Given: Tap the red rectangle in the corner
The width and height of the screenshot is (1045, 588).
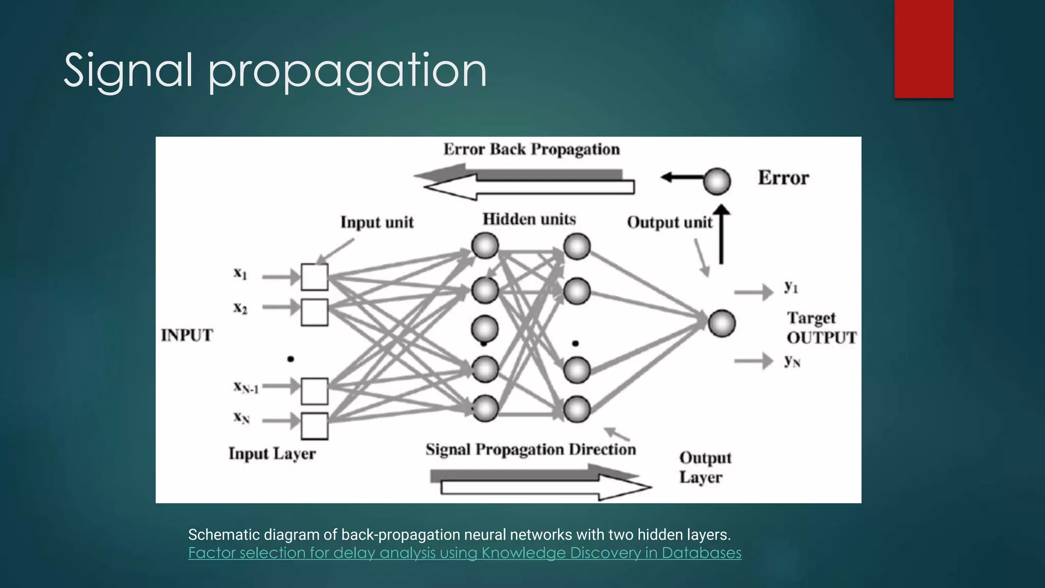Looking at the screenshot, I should [x=924, y=48].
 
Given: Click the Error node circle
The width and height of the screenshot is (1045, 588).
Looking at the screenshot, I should [x=717, y=181].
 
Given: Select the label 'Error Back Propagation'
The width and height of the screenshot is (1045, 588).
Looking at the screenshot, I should [x=531, y=150].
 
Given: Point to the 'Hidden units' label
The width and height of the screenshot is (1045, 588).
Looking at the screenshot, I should [x=529, y=219].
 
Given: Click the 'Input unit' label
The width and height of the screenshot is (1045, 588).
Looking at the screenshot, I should [x=377, y=223].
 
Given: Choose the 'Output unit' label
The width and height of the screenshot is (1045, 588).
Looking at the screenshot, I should [x=669, y=223].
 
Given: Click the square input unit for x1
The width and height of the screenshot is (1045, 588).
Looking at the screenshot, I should [x=314, y=277].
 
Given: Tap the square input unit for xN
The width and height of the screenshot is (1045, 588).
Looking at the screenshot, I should [x=314, y=426].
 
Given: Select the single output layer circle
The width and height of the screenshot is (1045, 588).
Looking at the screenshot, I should [x=721, y=323].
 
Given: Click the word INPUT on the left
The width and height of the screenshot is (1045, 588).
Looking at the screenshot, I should [x=187, y=335].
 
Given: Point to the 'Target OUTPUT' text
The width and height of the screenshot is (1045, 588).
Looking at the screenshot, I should [x=820, y=328].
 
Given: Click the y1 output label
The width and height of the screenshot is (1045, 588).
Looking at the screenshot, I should [x=791, y=287].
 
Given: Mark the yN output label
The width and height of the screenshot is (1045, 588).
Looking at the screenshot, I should [x=792, y=361].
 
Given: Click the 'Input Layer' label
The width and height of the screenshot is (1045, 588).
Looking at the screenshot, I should [x=272, y=454].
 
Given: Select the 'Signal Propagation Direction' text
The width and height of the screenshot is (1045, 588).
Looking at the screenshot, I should [x=531, y=450].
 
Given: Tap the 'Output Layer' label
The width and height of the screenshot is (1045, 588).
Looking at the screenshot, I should [x=705, y=468].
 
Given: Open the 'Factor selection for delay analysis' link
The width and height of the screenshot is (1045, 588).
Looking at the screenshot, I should [x=464, y=553].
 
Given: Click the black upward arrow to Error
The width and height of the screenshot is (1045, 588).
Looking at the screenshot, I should [x=721, y=235].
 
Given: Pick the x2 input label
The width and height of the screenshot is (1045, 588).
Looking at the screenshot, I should [x=240, y=308].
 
